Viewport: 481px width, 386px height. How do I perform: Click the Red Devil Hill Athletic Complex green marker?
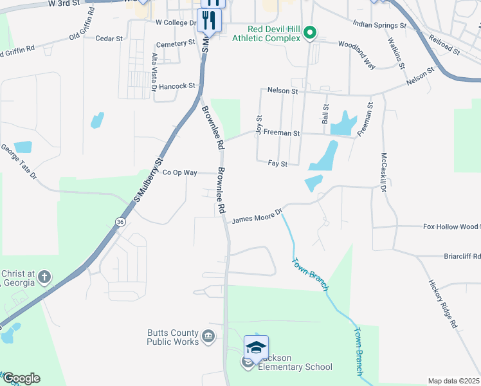[x=310, y=32]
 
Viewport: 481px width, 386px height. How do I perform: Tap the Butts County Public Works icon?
[x=208, y=336]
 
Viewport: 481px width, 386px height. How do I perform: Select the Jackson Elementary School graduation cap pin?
[x=256, y=347]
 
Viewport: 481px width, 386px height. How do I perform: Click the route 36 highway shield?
[x=120, y=221]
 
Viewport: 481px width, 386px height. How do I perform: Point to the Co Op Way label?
[x=179, y=172]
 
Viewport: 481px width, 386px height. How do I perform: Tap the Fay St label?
[x=277, y=164]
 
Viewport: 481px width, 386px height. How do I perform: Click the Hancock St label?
[x=177, y=86]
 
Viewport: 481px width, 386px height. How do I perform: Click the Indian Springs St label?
[x=379, y=24]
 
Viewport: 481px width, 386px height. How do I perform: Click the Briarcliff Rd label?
[x=462, y=256]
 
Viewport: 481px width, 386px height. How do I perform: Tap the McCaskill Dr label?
[x=387, y=174]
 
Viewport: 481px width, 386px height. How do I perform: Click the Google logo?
[x=21, y=378]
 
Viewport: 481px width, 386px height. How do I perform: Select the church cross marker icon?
[x=44, y=278]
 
